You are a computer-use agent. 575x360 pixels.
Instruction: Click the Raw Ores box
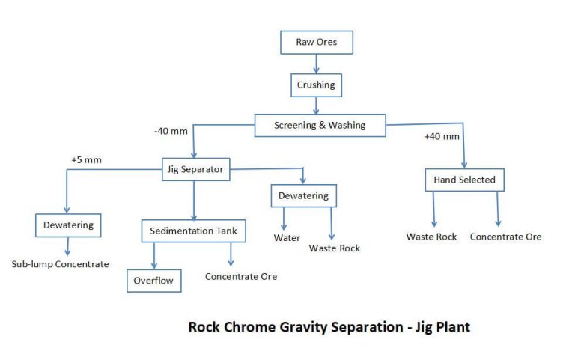[x=316, y=43]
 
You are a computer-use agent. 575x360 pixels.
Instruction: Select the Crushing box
[x=316, y=85]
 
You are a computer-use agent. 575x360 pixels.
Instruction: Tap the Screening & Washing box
[x=320, y=125]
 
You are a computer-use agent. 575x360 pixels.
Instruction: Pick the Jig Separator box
[x=193, y=170]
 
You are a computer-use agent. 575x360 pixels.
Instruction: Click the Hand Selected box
[x=464, y=180]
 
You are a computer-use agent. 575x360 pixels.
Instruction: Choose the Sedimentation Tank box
[x=194, y=231]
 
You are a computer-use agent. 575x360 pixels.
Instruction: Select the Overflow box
[x=153, y=281]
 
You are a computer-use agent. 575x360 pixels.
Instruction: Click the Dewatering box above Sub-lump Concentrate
[x=67, y=225]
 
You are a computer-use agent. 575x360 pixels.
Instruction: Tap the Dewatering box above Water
[x=304, y=195]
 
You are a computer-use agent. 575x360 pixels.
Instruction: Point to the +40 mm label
[x=442, y=136]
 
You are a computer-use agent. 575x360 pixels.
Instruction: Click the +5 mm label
[x=85, y=160]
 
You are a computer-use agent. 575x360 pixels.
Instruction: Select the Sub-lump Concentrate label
[x=60, y=264]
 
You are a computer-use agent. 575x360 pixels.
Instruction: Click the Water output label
[x=287, y=238]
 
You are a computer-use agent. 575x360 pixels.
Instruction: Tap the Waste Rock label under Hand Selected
[x=432, y=237]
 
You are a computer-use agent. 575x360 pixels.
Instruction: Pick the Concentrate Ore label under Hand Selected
[x=505, y=237]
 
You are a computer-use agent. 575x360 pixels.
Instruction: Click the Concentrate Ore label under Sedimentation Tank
[x=241, y=276]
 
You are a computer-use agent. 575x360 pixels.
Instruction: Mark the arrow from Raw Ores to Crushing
[x=316, y=64]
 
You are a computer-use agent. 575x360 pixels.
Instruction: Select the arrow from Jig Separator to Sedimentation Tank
[x=194, y=198]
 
